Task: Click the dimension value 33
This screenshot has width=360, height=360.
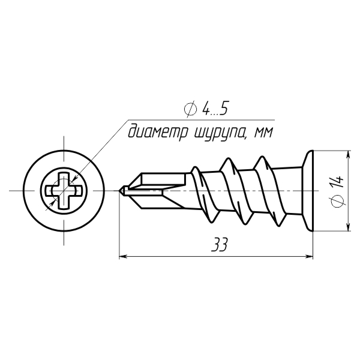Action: click(220, 245)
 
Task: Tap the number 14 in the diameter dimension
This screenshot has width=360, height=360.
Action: click(338, 182)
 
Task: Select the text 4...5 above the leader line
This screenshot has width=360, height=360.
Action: click(215, 108)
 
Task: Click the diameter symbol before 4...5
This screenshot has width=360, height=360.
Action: click(190, 109)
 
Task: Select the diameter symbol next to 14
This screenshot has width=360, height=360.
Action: click(338, 200)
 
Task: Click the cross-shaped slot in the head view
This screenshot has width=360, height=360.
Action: click(64, 191)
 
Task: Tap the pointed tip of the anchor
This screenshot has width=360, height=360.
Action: click(119, 191)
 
